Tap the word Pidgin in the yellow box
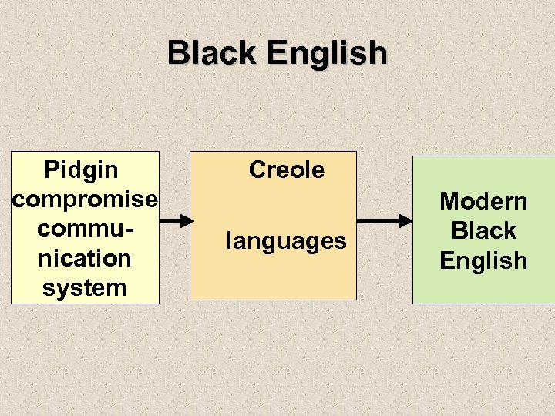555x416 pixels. [x=82, y=169]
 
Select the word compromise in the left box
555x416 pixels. [x=85, y=200]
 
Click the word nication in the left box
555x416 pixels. [x=85, y=258]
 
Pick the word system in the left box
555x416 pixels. [x=84, y=288]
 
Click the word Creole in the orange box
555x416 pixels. [x=287, y=169]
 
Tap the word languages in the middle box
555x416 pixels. [x=286, y=241]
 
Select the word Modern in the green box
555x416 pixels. [x=483, y=202]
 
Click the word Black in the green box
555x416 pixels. [x=483, y=231]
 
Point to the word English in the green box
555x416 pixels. [x=483, y=260]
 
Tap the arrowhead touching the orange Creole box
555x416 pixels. [x=187, y=220]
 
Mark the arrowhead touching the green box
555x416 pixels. [x=405, y=221]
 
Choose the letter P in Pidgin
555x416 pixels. [x=52, y=169]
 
